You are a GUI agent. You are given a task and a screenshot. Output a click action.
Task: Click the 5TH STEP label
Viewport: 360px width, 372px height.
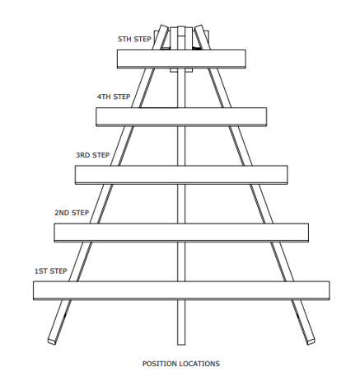[134, 40]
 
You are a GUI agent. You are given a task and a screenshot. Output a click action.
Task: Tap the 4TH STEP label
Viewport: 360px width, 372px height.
[114, 97]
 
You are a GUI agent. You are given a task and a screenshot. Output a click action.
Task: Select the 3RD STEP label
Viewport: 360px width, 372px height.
[92, 155]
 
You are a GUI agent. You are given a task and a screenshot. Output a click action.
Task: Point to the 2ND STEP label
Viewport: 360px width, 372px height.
[72, 213]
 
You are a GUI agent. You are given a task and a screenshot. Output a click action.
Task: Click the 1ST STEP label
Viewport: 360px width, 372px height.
[50, 271]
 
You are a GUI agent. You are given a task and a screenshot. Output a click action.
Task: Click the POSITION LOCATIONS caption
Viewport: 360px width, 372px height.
[181, 364]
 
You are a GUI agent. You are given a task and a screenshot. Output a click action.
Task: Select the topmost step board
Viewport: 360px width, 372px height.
[181, 59]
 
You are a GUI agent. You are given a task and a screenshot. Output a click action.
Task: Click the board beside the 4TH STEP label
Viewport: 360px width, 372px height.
[181, 117]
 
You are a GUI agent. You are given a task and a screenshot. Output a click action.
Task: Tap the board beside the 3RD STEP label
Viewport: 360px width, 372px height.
[181, 175]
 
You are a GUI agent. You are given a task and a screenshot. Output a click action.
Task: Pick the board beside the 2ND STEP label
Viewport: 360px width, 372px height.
[181, 233]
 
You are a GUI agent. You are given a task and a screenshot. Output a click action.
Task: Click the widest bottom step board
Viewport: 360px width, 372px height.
[181, 290]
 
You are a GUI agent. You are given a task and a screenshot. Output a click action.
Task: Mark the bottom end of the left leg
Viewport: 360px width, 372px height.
[52, 341]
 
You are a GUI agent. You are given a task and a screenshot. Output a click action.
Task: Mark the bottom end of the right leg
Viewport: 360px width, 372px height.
[311, 341]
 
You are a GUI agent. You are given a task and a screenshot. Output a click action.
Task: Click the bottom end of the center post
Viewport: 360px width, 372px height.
[181, 344]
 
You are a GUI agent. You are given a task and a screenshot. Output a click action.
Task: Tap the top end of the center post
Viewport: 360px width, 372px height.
[181, 27]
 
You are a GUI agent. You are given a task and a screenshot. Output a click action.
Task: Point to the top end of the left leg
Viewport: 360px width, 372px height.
[164, 26]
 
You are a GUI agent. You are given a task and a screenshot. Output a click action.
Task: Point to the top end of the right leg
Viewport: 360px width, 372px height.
[199, 26]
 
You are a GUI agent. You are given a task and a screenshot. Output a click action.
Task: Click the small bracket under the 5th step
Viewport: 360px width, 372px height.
[181, 70]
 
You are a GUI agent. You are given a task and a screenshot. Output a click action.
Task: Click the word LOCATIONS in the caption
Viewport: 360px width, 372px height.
[199, 364]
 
